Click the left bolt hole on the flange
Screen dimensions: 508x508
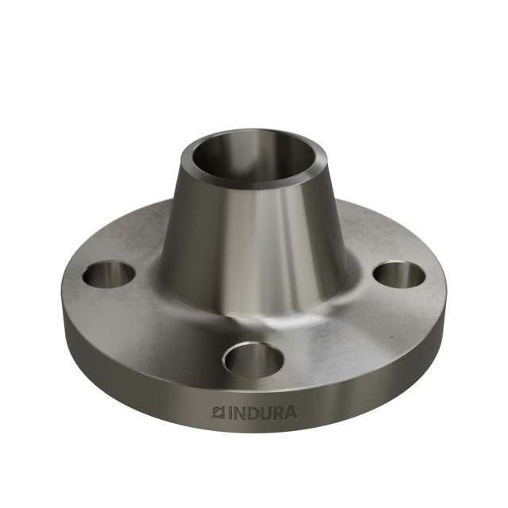[109, 275]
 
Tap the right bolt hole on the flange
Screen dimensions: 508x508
[399, 275]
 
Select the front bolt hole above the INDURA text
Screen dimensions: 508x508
[253, 359]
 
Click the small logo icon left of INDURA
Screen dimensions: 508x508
[219, 412]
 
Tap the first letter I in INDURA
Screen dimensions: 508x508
[231, 412]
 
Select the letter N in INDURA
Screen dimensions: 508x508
[241, 412]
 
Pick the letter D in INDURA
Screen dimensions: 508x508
[253, 412]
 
